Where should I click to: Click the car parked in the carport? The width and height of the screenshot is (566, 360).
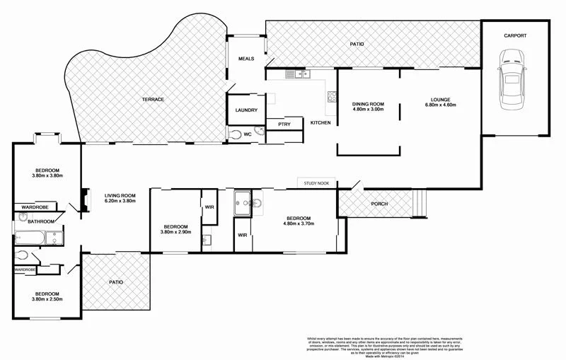(513, 78)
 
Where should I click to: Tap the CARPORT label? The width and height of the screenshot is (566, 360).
(514, 35)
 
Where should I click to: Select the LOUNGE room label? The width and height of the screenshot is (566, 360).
(440, 99)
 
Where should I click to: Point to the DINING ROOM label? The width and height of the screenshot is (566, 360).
(368, 105)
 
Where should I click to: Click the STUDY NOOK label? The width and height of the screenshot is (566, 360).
(317, 183)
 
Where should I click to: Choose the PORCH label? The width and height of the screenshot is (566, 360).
(379, 204)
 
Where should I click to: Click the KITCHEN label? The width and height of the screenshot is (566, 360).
(320, 123)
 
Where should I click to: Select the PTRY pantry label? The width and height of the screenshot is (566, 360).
(284, 124)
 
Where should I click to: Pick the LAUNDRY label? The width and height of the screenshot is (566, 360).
(246, 110)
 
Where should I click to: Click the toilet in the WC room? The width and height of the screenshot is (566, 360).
(236, 133)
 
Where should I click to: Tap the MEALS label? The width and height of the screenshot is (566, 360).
(246, 59)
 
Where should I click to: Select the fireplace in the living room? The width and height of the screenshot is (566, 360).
(86, 199)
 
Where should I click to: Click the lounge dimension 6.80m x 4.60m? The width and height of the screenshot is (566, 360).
(440, 105)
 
